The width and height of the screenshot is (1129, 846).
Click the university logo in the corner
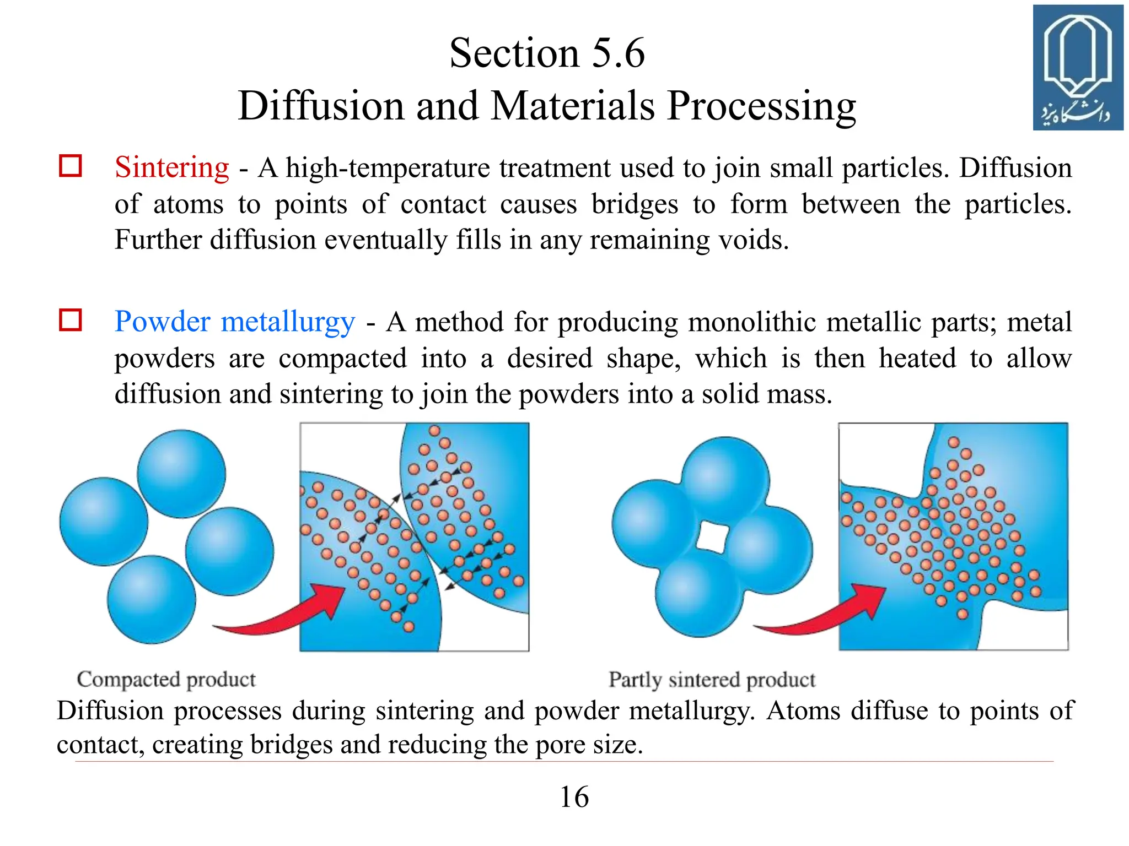[1078, 68]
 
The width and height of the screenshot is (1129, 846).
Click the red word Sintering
[171, 167]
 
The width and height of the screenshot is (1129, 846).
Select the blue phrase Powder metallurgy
[235, 322]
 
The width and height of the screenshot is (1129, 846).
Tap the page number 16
[574, 797]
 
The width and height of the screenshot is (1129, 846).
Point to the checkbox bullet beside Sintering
[71, 166]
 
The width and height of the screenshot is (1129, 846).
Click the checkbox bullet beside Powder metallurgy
[71, 320]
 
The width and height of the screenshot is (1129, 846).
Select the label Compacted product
[166, 680]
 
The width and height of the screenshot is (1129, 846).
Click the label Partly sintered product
[712, 680]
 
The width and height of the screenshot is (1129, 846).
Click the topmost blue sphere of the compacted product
[181, 474]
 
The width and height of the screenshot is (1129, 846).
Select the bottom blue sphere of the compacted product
[151, 599]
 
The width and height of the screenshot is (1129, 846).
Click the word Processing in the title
[761, 106]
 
